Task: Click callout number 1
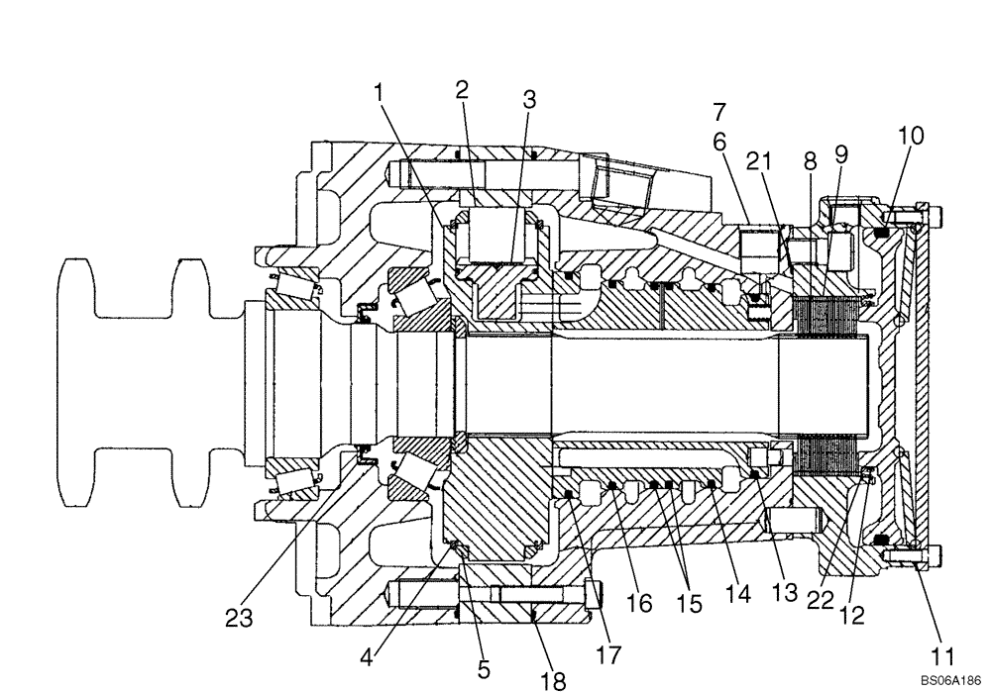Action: point(378,92)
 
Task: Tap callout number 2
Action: point(462,89)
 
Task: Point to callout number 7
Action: point(719,111)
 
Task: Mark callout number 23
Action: point(238,620)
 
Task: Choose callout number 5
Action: point(484,669)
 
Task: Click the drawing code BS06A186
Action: point(945,682)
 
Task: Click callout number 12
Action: point(851,615)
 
